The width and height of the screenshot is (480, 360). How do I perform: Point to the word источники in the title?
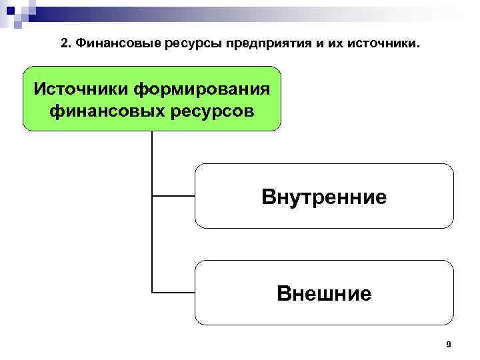(386, 44)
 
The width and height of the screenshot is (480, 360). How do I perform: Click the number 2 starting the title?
(63, 44)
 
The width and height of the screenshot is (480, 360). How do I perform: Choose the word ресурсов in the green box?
(209, 109)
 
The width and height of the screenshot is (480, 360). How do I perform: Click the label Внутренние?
(324, 197)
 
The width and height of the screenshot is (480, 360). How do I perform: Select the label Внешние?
(324, 293)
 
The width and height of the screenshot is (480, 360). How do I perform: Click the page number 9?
(448, 344)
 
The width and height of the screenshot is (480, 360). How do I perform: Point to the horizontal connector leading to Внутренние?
(173, 196)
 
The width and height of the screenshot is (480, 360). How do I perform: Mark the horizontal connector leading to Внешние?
(173, 292)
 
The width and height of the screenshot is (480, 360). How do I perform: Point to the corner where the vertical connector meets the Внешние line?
(152, 292)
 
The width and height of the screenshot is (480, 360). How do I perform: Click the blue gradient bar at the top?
(267, 10)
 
